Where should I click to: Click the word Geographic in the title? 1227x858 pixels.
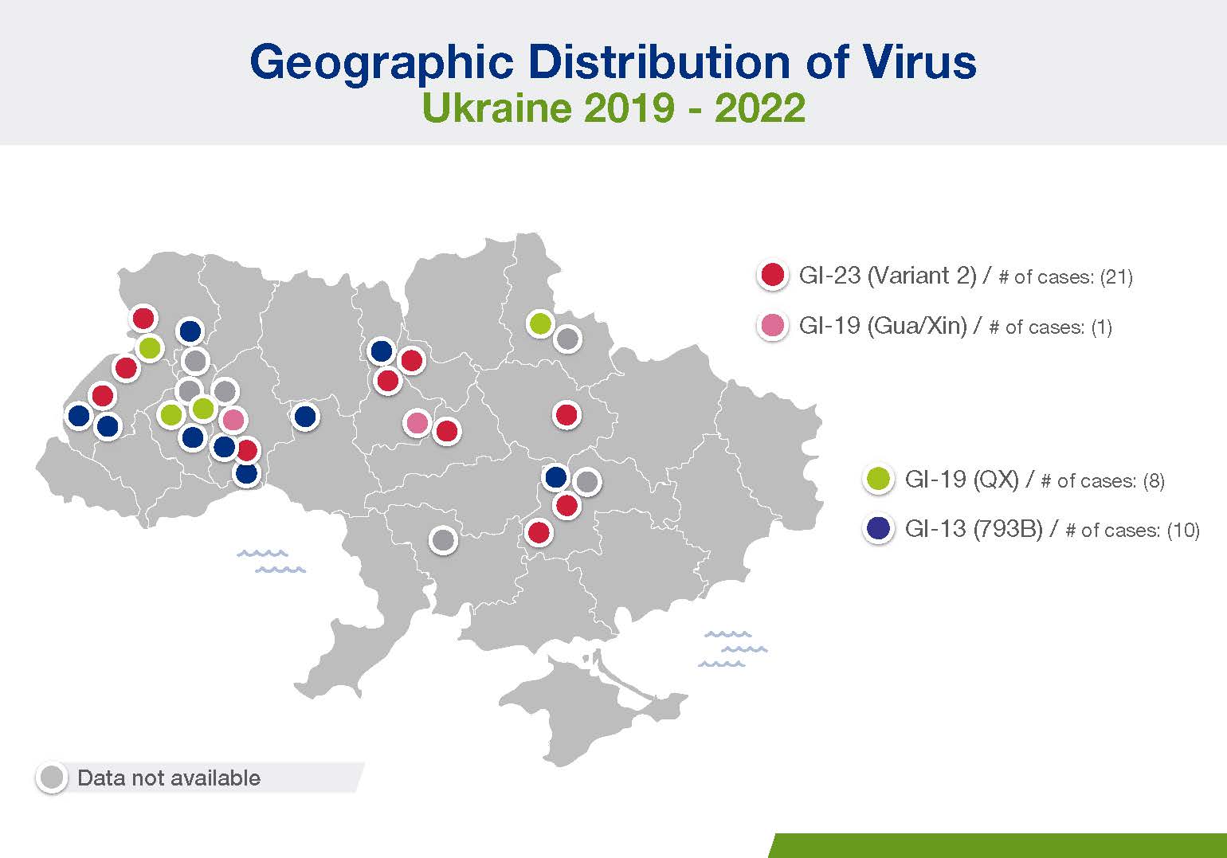[x=382, y=64]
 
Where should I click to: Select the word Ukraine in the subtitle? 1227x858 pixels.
[x=497, y=108]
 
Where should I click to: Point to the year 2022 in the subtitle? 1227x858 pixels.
[x=760, y=108]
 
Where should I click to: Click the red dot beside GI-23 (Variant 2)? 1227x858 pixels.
[x=773, y=275]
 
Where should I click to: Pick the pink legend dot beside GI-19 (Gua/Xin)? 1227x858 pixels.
[x=773, y=325]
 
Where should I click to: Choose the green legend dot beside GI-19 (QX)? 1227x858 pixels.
[x=879, y=479]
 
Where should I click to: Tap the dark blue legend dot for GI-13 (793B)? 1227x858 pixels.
[x=879, y=528]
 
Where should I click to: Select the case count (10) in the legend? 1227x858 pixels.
[x=1183, y=530]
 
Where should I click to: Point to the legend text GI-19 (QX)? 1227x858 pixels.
[x=962, y=479]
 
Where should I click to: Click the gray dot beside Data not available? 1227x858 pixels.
[x=52, y=778]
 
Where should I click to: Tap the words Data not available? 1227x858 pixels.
[x=169, y=778]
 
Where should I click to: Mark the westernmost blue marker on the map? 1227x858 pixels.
[x=79, y=416]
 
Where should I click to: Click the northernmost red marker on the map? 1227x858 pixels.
[x=143, y=318]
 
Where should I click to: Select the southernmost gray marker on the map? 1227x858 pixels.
[x=443, y=540]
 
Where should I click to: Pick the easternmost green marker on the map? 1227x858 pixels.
[x=540, y=323]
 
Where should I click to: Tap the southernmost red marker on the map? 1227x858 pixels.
[x=538, y=531]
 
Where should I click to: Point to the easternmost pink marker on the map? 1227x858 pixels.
[x=417, y=423]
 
